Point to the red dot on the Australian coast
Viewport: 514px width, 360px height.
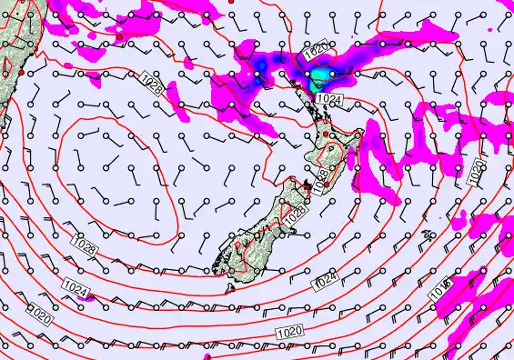(20, 72)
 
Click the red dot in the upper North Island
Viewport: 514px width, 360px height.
(325, 135)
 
